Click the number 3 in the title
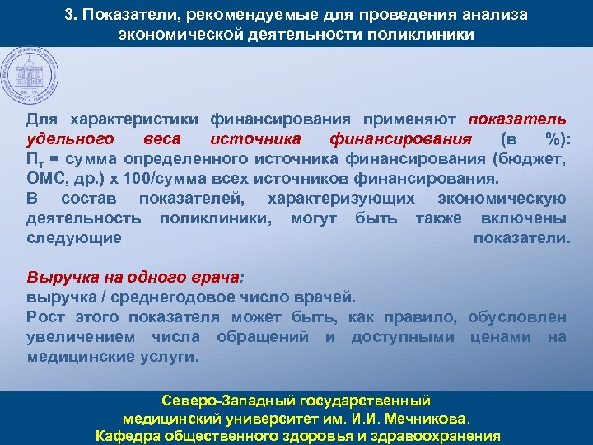[69, 16]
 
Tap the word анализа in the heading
[493, 16]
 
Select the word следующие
[73, 238]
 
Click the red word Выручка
[58, 277]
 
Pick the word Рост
[46, 317]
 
